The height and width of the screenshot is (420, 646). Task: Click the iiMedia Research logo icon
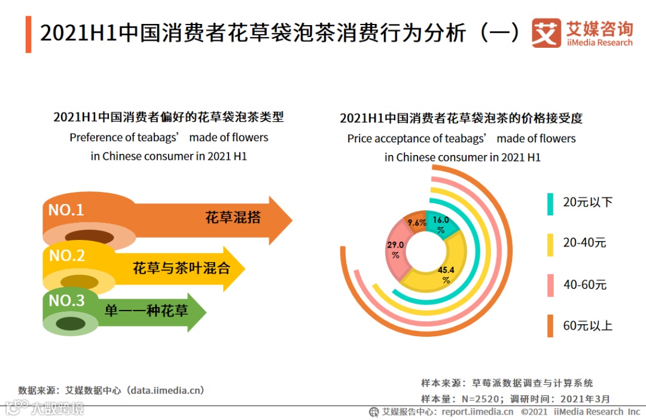coord(546,33)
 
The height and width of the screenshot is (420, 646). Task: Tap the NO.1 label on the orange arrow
coord(66,210)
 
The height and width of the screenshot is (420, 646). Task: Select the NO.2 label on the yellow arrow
coord(67,255)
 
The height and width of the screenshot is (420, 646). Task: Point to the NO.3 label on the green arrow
coord(66,300)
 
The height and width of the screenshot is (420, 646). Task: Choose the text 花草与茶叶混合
coord(181,268)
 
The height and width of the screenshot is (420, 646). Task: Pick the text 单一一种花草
coord(147,310)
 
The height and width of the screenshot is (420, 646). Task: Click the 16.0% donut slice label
coord(441,224)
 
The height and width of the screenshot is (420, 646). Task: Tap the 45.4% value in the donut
coord(446,273)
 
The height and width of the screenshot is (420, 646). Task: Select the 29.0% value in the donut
coord(395,249)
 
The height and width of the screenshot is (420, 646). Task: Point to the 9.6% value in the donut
coord(417,223)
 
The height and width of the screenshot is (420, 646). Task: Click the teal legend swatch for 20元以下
coord(550,203)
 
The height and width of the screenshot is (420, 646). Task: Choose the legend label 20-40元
coord(584,243)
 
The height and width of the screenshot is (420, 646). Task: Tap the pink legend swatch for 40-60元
coord(550,285)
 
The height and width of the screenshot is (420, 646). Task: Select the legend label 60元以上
coord(587,326)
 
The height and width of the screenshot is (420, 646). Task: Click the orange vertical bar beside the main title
coord(28,35)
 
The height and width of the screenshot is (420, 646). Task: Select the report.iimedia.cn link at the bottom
coord(477,412)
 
